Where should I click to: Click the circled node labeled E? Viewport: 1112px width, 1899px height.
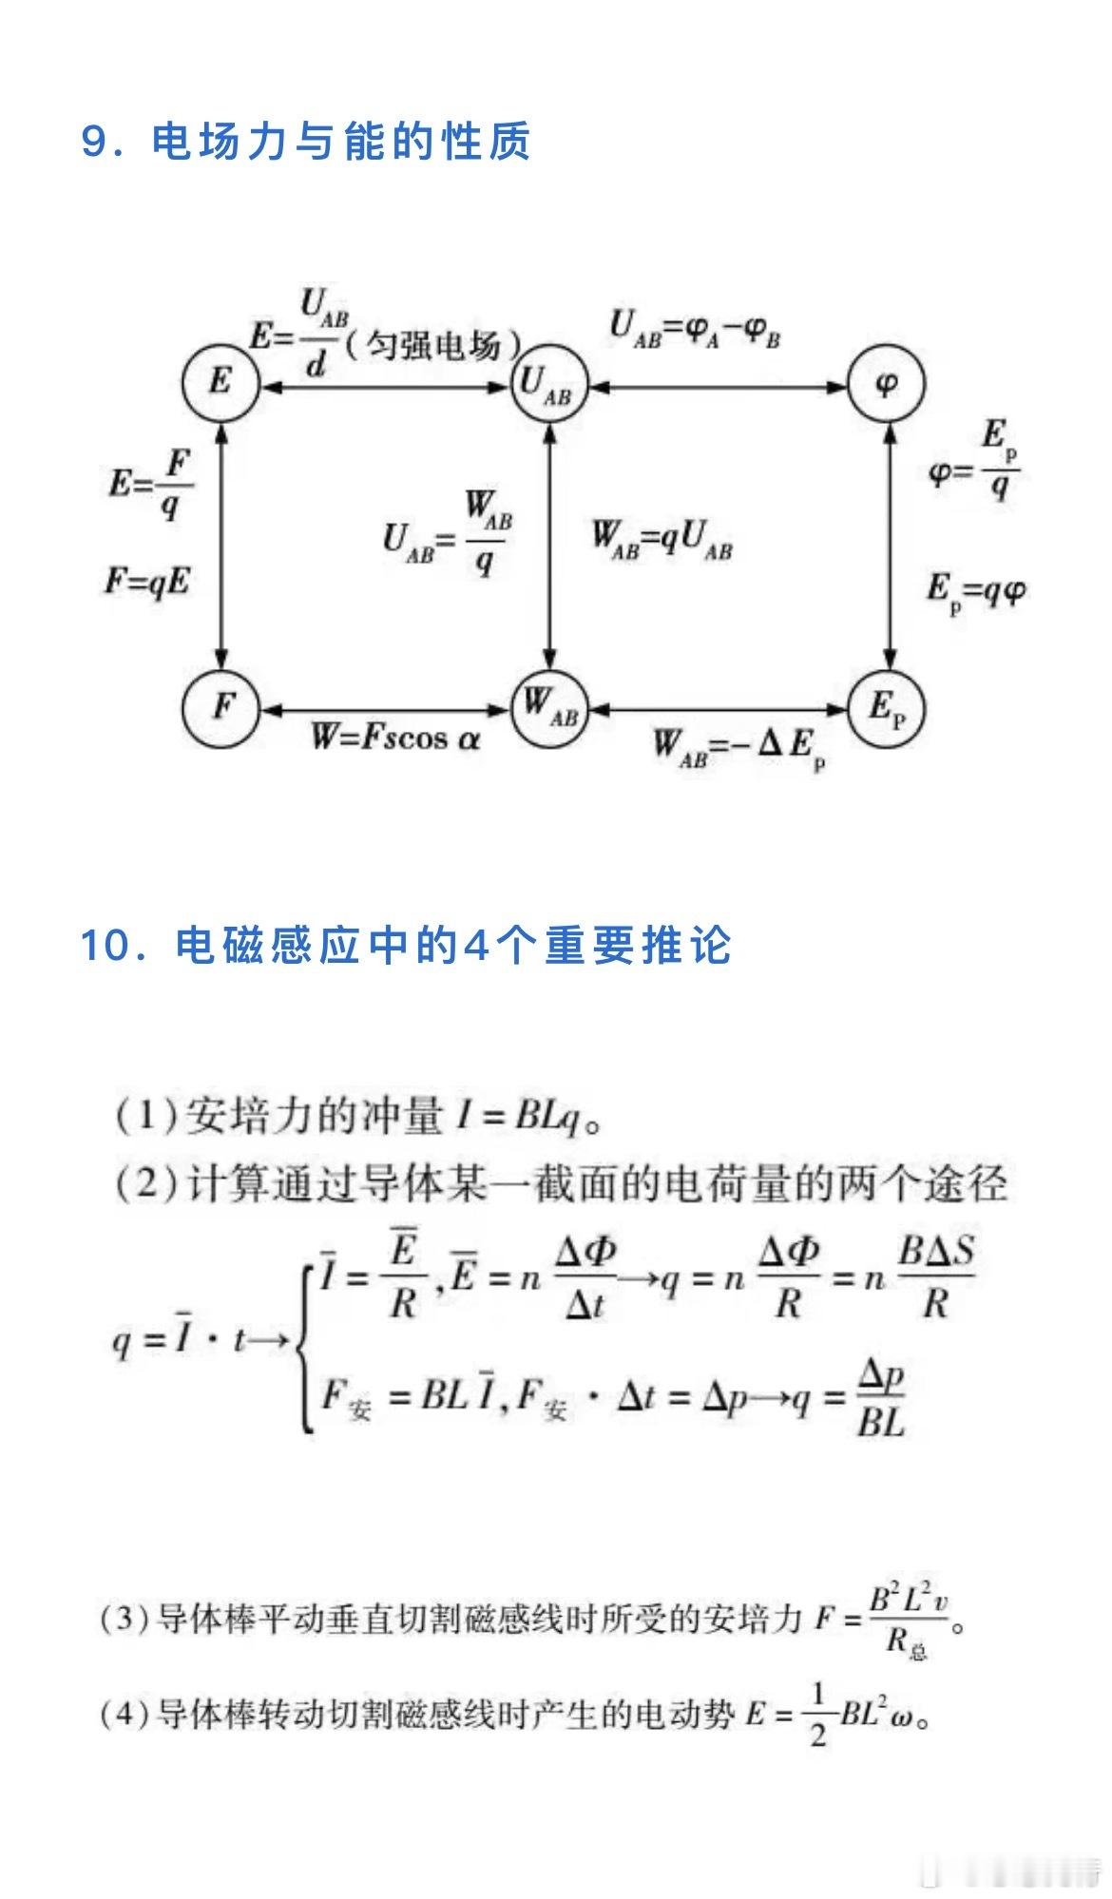pos(220,383)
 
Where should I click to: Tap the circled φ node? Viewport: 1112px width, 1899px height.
pos(886,383)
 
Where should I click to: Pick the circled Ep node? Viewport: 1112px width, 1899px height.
pos(886,707)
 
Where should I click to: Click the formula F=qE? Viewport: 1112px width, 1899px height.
pos(147,581)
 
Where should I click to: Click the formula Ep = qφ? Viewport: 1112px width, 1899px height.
pos(976,592)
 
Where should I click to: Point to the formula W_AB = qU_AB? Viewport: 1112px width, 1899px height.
pos(662,541)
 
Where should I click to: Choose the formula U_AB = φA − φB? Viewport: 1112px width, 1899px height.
pos(695,330)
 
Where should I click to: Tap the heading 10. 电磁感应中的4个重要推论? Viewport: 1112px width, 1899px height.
pos(406,946)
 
